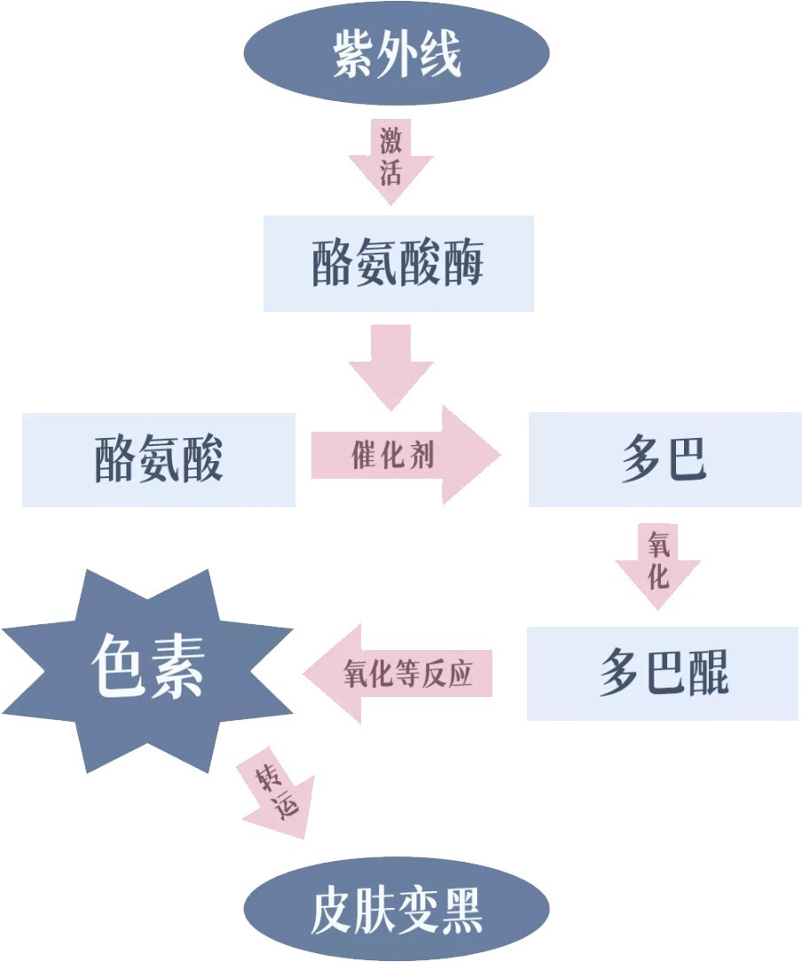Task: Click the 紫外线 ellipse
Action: click(397, 53)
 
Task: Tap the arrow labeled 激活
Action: click(390, 160)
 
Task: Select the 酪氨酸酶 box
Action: click(398, 263)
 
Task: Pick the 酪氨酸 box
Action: click(159, 459)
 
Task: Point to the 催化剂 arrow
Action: click(404, 456)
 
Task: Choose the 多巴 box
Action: click(664, 459)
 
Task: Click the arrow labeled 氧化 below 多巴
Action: click(657, 566)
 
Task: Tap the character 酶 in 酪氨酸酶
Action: click(461, 263)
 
